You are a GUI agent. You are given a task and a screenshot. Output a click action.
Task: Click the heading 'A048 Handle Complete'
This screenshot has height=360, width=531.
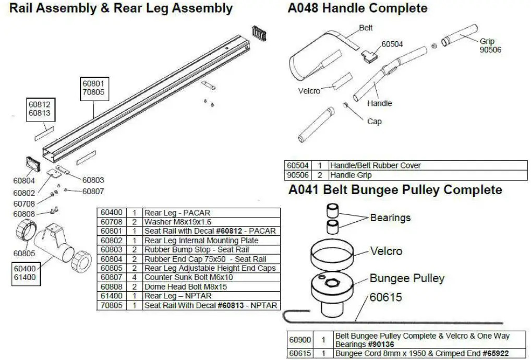[x=358, y=8]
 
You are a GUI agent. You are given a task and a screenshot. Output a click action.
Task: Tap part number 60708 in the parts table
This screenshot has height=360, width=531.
[x=111, y=222]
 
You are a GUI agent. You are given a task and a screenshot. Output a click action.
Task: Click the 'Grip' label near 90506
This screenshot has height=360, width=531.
[x=487, y=41]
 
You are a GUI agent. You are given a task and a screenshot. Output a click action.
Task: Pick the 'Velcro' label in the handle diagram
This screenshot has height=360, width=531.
[x=309, y=91]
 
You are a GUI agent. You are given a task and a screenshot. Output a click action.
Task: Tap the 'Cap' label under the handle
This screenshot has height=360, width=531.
[x=375, y=122]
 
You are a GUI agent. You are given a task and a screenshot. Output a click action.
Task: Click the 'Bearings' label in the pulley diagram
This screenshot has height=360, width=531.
[x=390, y=217]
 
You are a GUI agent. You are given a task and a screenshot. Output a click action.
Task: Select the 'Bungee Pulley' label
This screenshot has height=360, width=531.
[x=407, y=278]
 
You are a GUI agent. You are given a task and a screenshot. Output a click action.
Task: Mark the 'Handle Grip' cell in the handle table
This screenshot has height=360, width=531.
[x=353, y=175]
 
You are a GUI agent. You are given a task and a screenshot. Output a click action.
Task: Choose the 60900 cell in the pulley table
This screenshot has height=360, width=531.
[x=300, y=340]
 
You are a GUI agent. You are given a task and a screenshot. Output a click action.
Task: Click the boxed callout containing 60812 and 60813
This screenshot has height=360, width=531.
[x=39, y=109]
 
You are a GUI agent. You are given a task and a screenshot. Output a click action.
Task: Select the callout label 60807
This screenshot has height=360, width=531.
[x=93, y=191]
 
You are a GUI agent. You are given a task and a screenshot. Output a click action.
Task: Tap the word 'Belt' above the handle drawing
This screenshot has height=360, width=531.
[x=366, y=28]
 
